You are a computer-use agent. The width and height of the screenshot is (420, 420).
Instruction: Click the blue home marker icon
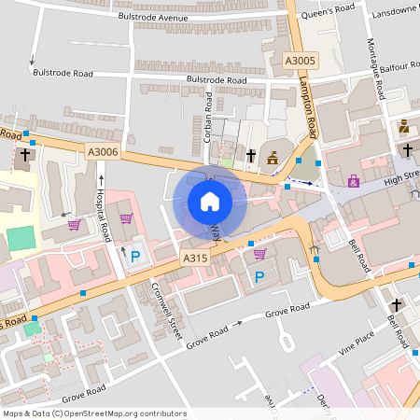tap(210, 202)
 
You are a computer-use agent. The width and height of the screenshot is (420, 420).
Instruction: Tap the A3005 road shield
tap(300, 60)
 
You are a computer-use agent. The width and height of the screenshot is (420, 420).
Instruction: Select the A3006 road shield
tap(103, 152)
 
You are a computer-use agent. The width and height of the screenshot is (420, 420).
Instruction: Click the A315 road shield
tap(194, 259)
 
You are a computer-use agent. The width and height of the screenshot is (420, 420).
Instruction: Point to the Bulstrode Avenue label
tap(153, 16)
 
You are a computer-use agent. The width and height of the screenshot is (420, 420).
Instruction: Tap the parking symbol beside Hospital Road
tap(135, 256)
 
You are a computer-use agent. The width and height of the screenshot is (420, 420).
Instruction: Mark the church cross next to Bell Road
tap(396, 305)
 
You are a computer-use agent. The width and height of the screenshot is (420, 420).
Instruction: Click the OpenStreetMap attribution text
tap(94, 413)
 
